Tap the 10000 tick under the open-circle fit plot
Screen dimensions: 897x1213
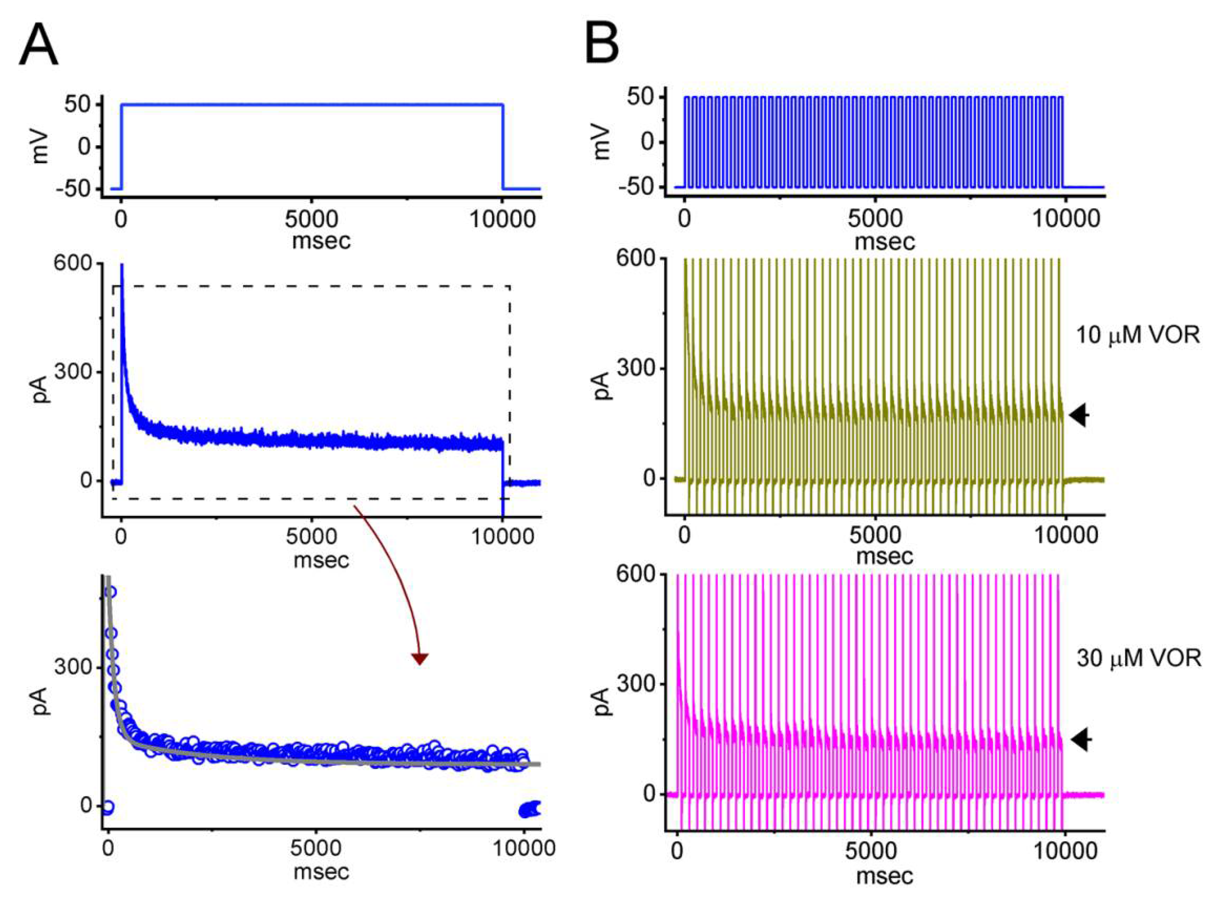coord(524,848)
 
